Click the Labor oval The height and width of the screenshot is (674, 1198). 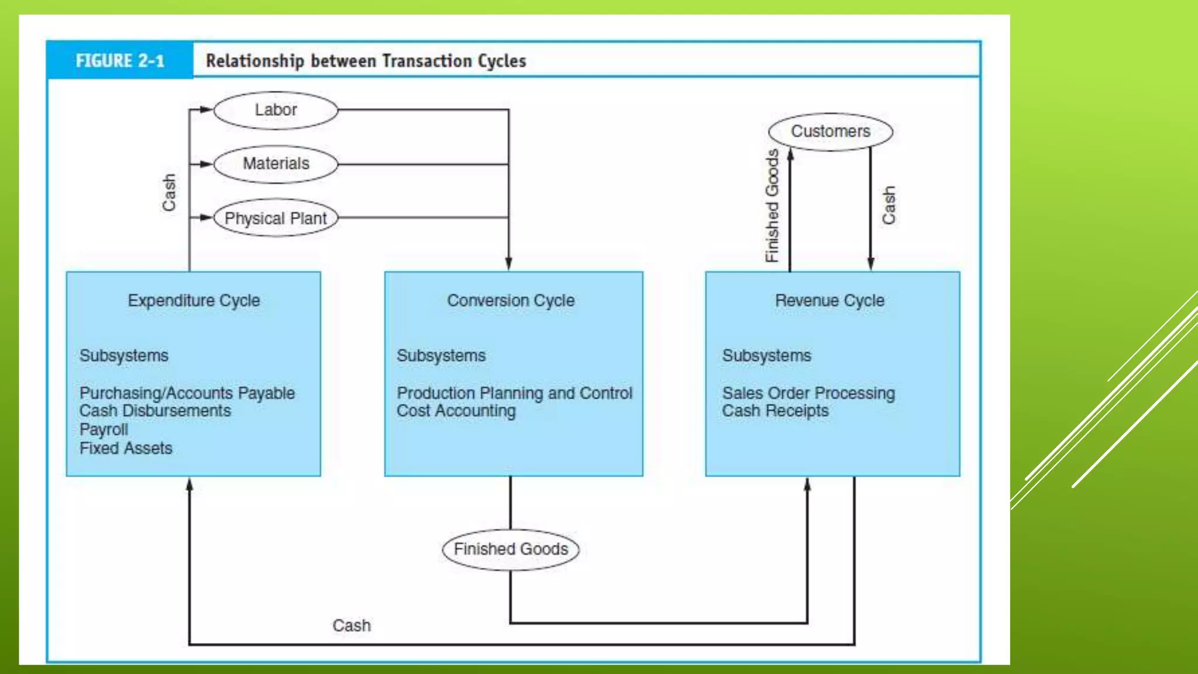(276, 110)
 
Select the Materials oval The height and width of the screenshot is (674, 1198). (276, 164)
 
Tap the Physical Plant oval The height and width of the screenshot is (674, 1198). (276, 218)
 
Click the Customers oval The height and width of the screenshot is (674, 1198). (830, 132)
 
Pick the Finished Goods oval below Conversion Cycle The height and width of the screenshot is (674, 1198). (511, 549)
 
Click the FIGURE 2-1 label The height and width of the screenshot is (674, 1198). (120, 61)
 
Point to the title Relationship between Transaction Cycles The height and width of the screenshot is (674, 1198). (366, 61)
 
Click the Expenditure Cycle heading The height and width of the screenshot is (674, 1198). (194, 301)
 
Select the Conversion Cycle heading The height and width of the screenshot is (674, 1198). (511, 301)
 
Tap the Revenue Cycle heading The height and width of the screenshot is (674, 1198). (829, 301)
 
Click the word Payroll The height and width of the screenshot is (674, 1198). (104, 429)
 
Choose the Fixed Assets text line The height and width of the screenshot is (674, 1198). (126, 448)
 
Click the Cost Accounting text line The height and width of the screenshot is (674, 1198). (456, 411)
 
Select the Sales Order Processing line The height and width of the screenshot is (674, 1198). (808, 393)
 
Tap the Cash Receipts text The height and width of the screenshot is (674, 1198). (775, 411)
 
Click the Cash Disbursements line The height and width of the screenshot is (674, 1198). (155, 411)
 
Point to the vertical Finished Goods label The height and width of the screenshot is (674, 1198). (772, 205)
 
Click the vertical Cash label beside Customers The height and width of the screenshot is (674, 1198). (889, 205)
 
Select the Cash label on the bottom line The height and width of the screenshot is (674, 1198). (352, 625)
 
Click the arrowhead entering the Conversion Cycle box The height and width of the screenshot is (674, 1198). (509, 264)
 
